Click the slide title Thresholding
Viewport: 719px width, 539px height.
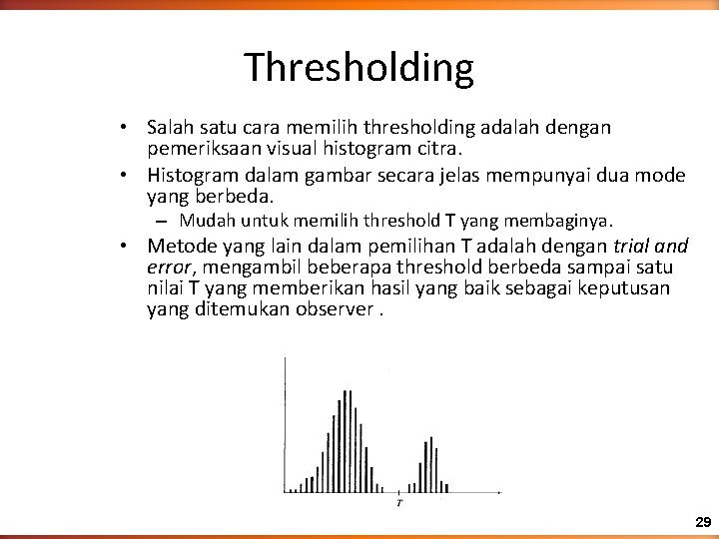click(359, 68)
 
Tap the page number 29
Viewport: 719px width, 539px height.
click(703, 522)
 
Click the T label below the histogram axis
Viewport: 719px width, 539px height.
click(399, 502)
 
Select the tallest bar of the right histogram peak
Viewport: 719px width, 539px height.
click(430, 464)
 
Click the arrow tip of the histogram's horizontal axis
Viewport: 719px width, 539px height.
click(499, 492)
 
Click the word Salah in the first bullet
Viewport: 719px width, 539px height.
click(168, 128)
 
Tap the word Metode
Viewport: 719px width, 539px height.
click(178, 246)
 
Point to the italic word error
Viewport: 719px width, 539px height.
click(168, 268)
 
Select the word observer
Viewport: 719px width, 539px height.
click(338, 308)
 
